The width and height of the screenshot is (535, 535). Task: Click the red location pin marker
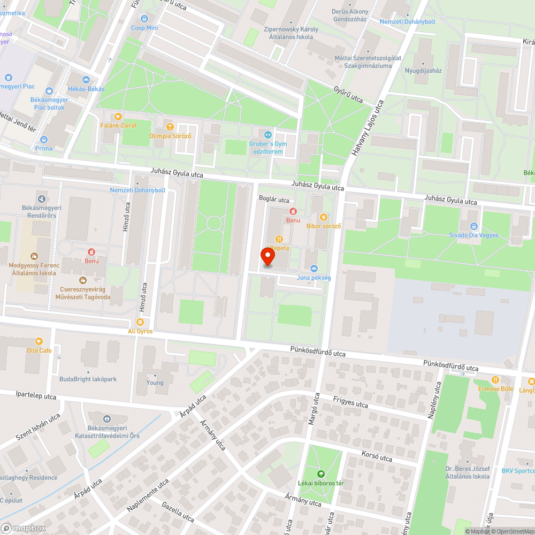point(267,257)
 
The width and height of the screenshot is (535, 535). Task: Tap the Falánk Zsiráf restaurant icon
point(118,116)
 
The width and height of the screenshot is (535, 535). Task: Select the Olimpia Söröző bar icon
point(170,127)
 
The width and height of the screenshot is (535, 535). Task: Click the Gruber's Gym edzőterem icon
point(268,134)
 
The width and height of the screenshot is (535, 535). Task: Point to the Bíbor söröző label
point(323,226)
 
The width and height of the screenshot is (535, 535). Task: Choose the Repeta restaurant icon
point(279,239)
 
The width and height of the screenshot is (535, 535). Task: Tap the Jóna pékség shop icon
point(314,268)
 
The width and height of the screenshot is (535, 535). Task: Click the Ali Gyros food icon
point(140,322)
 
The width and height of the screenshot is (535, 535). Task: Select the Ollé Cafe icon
point(39,341)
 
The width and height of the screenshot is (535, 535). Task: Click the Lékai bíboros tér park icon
point(321,473)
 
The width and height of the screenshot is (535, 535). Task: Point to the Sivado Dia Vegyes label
point(473,235)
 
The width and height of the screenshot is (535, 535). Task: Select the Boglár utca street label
point(273,199)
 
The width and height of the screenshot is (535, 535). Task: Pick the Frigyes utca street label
point(350,401)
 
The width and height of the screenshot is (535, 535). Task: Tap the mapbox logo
point(24,528)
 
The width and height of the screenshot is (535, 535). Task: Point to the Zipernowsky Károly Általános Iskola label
point(291,33)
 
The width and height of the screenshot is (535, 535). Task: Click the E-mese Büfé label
point(495,389)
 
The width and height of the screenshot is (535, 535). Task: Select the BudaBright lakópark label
point(88,379)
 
